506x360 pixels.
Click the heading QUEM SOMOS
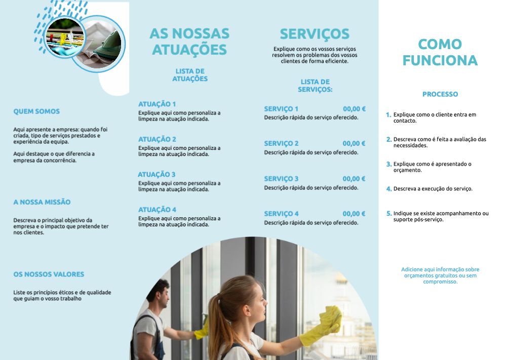point(36,111)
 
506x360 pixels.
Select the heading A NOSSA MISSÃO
point(42,202)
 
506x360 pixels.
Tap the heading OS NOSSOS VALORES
point(49,274)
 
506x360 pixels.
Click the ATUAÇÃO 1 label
point(157,104)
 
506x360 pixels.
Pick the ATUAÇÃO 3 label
point(157,174)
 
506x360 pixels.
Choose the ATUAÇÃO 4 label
point(157,210)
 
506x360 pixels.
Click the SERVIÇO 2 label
point(281,143)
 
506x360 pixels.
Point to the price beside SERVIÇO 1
point(354,109)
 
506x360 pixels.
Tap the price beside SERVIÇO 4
point(354,214)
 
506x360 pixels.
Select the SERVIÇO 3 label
point(281,179)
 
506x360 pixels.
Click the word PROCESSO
point(440,94)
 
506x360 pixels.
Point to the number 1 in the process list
point(388,115)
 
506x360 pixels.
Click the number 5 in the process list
point(388,214)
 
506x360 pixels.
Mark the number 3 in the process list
point(388,164)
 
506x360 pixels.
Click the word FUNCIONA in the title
point(440,60)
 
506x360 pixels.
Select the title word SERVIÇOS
point(315,34)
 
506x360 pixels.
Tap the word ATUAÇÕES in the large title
point(189,50)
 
